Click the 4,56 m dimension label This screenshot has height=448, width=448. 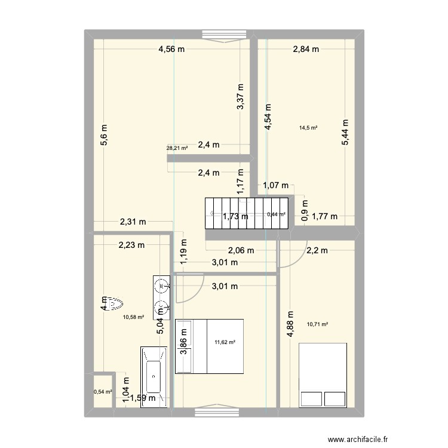click(171, 50)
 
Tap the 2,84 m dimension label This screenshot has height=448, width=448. click(306, 50)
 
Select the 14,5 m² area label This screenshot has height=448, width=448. click(308, 127)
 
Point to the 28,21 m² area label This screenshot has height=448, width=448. click(177, 149)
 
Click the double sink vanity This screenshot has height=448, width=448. click(161, 296)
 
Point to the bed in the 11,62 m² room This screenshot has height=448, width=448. click(210, 346)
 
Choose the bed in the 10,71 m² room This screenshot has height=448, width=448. click(323, 375)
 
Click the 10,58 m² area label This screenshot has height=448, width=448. click(133, 317)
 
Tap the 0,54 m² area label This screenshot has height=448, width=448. click(102, 392)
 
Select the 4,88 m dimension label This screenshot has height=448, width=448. click(291, 326)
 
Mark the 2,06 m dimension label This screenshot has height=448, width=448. click(240, 251)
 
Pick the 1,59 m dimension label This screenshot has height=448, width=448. click(144, 398)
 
